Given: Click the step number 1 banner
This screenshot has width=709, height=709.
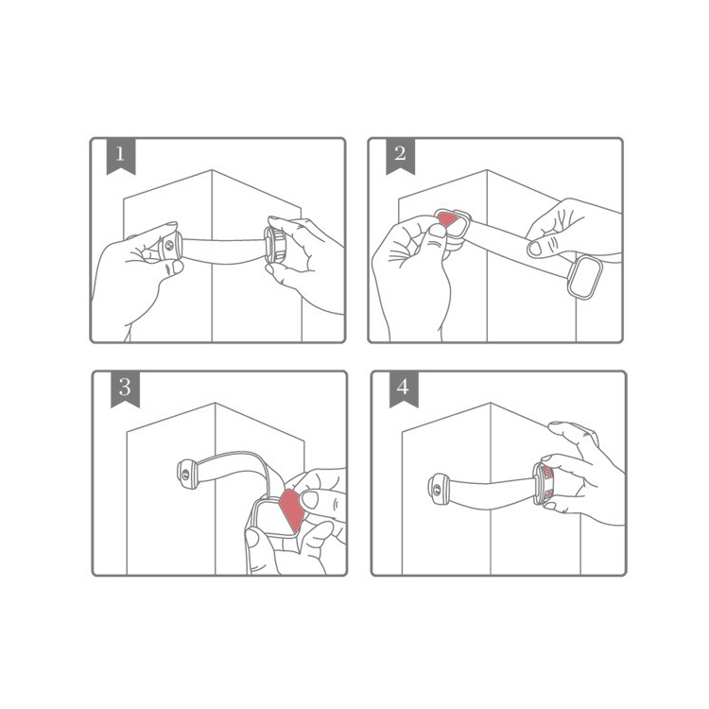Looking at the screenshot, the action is point(121,156).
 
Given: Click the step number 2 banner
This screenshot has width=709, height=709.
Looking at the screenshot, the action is point(400,156).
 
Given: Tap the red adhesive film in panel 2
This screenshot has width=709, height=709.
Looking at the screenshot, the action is point(448,219).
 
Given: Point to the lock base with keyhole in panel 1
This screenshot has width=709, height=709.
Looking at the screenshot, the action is point(170,246).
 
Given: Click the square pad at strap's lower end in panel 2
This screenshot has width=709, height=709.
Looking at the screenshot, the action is point(584,278).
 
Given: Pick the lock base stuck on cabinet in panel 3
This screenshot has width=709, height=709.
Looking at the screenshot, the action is point(187,474).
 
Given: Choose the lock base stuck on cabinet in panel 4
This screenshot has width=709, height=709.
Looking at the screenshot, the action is point(438,489).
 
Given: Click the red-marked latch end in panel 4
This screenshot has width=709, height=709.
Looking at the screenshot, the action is point(544,484).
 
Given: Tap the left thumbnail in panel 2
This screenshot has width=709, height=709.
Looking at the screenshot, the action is point(438,231).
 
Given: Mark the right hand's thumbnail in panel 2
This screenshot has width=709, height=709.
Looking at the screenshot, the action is point(535,249).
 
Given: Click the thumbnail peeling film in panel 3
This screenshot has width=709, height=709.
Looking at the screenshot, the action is point(309,500).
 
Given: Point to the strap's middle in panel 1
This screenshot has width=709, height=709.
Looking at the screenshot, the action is point(223,251).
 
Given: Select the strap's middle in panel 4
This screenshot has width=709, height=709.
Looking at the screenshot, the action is point(492,493).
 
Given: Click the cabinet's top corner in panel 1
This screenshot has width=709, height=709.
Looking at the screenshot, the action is point(212,170).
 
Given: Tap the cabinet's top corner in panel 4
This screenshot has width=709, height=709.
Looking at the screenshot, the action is point(491,404).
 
